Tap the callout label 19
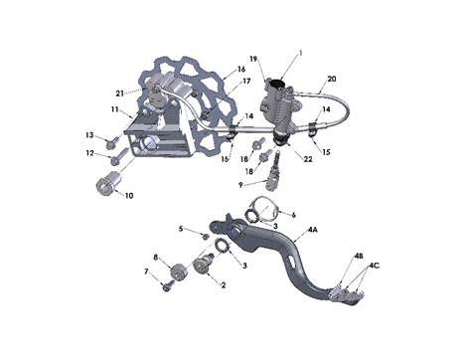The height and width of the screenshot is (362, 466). [x=253, y=59]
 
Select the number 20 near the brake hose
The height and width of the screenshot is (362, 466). [x=332, y=79]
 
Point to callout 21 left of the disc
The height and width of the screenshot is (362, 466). [x=120, y=93]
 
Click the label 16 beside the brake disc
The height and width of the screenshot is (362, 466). [x=240, y=70]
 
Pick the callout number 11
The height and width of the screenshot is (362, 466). [x=115, y=109]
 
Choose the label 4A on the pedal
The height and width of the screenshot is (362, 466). [x=311, y=230]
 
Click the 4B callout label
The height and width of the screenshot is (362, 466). [x=359, y=257]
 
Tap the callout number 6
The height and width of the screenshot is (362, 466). [x=293, y=214]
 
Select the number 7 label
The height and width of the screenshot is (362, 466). [x=146, y=271]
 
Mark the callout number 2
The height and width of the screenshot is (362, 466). [x=223, y=285]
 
